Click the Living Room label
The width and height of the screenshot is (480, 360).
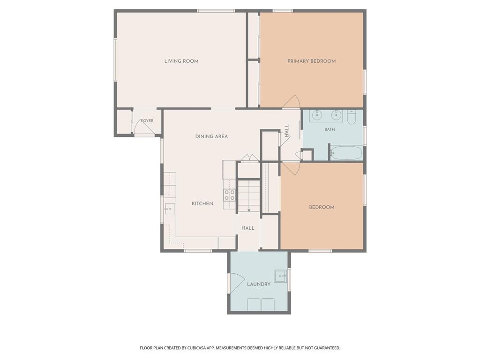click(181, 61)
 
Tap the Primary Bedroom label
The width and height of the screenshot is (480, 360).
click(311, 61)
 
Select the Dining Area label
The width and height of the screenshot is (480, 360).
click(211, 136)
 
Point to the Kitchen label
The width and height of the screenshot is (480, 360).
click(202, 203)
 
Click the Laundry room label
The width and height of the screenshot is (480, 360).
click(259, 284)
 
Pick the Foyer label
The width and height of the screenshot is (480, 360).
click(147, 120)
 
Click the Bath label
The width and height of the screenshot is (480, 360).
click(330, 129)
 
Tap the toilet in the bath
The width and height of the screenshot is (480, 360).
click(351, 117)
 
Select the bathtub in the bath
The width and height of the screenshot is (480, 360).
click(346, 152)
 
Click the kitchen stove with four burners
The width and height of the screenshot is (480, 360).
click(230, 195)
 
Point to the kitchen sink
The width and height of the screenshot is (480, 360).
click(170, 209)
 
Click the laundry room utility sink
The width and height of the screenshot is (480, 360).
click(280, 276)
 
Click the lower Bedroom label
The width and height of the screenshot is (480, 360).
click(322, 207)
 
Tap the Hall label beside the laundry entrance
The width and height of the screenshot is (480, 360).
click(247, 228)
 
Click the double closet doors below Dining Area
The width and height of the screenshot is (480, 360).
click(250, 158)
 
